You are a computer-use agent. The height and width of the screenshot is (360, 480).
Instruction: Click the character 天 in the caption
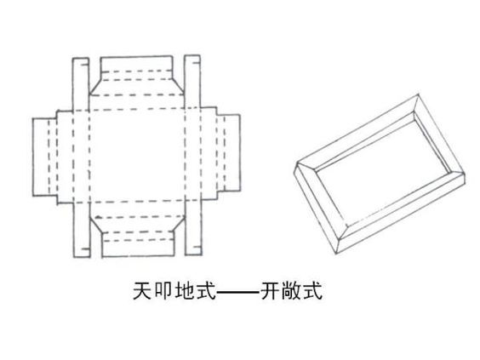pyautogui.click(x=142, y=290)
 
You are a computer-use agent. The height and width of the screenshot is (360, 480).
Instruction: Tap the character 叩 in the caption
pyautogui.click(x=163, y=290)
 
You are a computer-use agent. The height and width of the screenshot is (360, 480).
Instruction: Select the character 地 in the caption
pyautogui.click(x=185, y=290)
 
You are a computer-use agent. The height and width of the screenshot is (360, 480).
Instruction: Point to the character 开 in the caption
pyautogui.click(x=271, y=290)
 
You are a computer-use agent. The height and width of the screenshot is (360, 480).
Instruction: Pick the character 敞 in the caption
pyautogui.click(x=291, y=290)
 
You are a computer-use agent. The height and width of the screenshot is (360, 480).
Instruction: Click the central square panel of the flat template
pyautogui.click(x=137, y=156)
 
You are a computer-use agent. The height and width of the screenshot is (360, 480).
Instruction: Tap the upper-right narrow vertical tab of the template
pyautogui.click(x=192, y=82)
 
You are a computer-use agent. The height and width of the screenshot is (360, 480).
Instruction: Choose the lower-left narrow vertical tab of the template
pyautogui.click(x=82, y=230)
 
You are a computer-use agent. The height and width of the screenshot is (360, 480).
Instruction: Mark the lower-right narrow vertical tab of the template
pyautogui.click(x=193, y=228)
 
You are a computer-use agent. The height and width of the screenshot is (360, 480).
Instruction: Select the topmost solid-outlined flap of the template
pyautogui.click(x=136, y=64)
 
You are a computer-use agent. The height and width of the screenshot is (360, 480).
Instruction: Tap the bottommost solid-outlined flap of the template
pyautogui.click(x=139, y=248)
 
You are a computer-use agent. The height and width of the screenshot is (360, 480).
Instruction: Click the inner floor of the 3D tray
pyautogui.click(x=383, y=170)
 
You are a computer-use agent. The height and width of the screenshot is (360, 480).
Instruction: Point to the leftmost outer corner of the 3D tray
pyautogui.click(x=294, y=173)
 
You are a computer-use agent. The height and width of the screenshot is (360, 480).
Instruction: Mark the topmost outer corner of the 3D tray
pyautogui.click(x=418, y=93)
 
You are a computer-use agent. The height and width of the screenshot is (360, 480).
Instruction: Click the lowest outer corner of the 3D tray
pyautogui.click(x=337, y=254)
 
